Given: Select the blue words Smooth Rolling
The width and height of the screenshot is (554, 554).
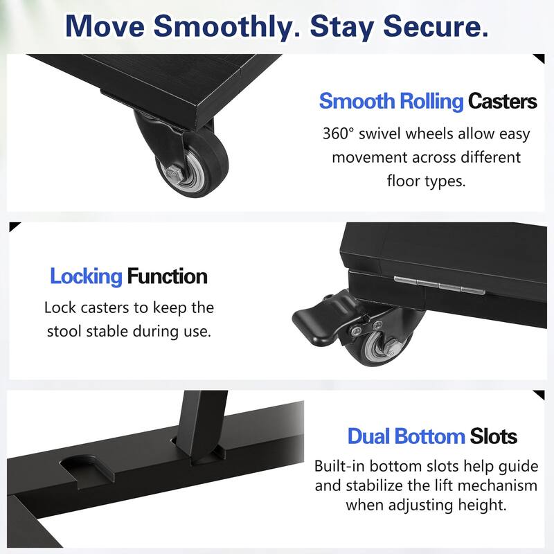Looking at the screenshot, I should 391,101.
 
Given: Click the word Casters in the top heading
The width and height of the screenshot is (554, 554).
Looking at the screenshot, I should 502,101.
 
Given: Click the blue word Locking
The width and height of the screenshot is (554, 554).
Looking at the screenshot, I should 86,277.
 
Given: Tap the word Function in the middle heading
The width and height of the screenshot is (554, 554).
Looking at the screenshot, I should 167,277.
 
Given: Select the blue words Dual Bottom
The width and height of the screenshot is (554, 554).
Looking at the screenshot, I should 406,436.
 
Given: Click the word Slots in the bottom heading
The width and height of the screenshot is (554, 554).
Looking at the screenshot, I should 494,436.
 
